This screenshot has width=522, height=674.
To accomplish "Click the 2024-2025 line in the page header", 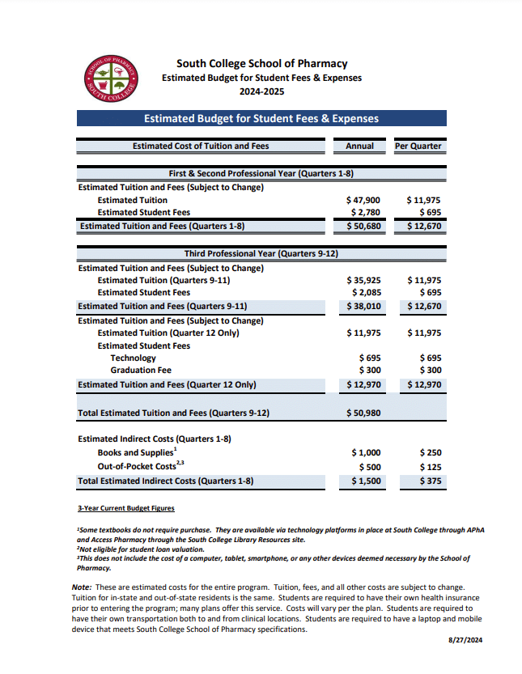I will coord(261,92).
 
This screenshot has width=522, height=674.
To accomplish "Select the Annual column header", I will coord(359,146).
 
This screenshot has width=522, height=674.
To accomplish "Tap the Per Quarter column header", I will coord(418,146).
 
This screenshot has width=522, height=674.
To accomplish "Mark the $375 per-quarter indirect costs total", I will coord(426,481).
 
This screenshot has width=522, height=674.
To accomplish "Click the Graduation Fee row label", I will coord(141,371).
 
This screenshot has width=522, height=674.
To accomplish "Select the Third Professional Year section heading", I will coord(261,254).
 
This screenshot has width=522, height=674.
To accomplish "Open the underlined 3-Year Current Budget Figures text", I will coord(125,508).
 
